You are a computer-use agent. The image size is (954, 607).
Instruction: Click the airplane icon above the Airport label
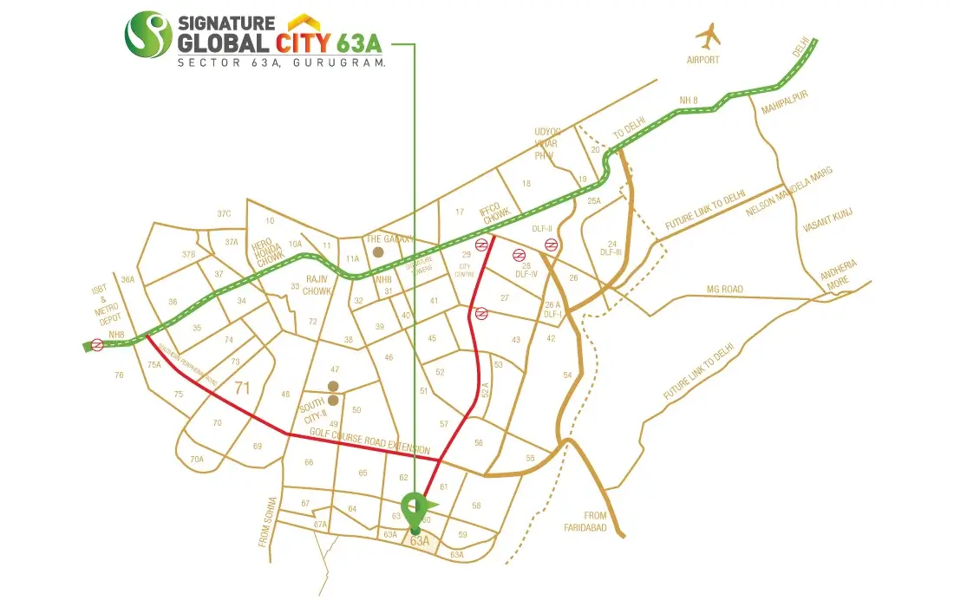(x=709, y=36)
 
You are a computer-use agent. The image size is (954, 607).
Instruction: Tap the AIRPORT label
(x=703, y=61)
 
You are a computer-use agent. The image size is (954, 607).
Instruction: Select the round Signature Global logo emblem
(x=148, y=34)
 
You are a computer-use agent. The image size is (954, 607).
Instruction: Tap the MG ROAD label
(x=726, y=289)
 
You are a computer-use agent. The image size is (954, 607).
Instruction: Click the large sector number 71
(x=242, y=388)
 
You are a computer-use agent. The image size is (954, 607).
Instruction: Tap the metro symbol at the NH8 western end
(x=97, y=345)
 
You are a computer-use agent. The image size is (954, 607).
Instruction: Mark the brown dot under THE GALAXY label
(x=377, y=252)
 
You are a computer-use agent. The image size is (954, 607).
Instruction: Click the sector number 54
(x=567, y=375)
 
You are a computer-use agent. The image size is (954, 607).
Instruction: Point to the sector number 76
(x=120, y=375)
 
